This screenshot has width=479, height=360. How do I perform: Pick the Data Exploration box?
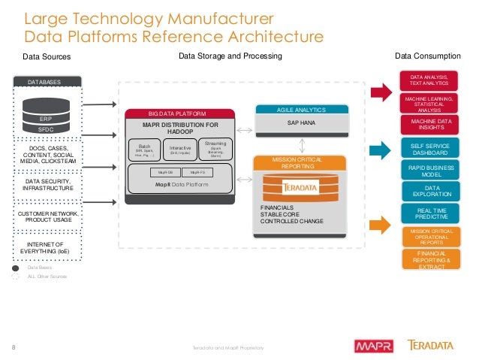coord(432,191)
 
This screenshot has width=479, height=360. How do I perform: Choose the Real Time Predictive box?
coord(432,214)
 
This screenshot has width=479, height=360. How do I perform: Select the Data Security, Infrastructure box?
coord(48,185)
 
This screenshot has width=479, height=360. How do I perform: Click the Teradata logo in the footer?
coord(431,346)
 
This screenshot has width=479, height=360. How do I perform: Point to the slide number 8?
coord(14,346)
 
